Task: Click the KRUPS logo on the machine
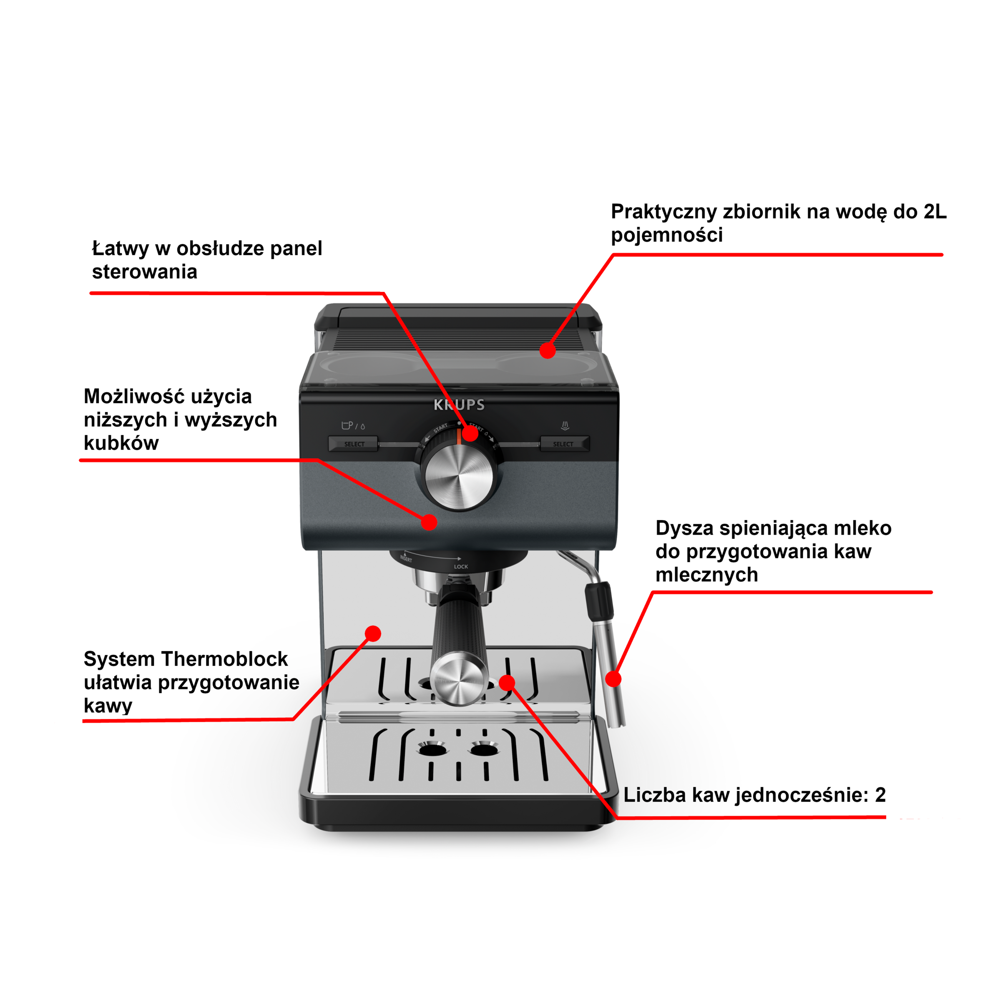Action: coord(459,405)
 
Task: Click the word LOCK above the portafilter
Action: coord(461,566)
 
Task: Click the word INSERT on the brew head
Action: coord(406,559)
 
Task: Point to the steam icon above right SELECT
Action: coord(565,426)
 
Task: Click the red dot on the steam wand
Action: coord(613,678)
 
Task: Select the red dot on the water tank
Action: coord(548,351)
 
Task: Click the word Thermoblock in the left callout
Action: coord(225,659)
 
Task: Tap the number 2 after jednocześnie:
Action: coord(880,795)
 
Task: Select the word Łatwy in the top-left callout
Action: coord(121,248)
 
